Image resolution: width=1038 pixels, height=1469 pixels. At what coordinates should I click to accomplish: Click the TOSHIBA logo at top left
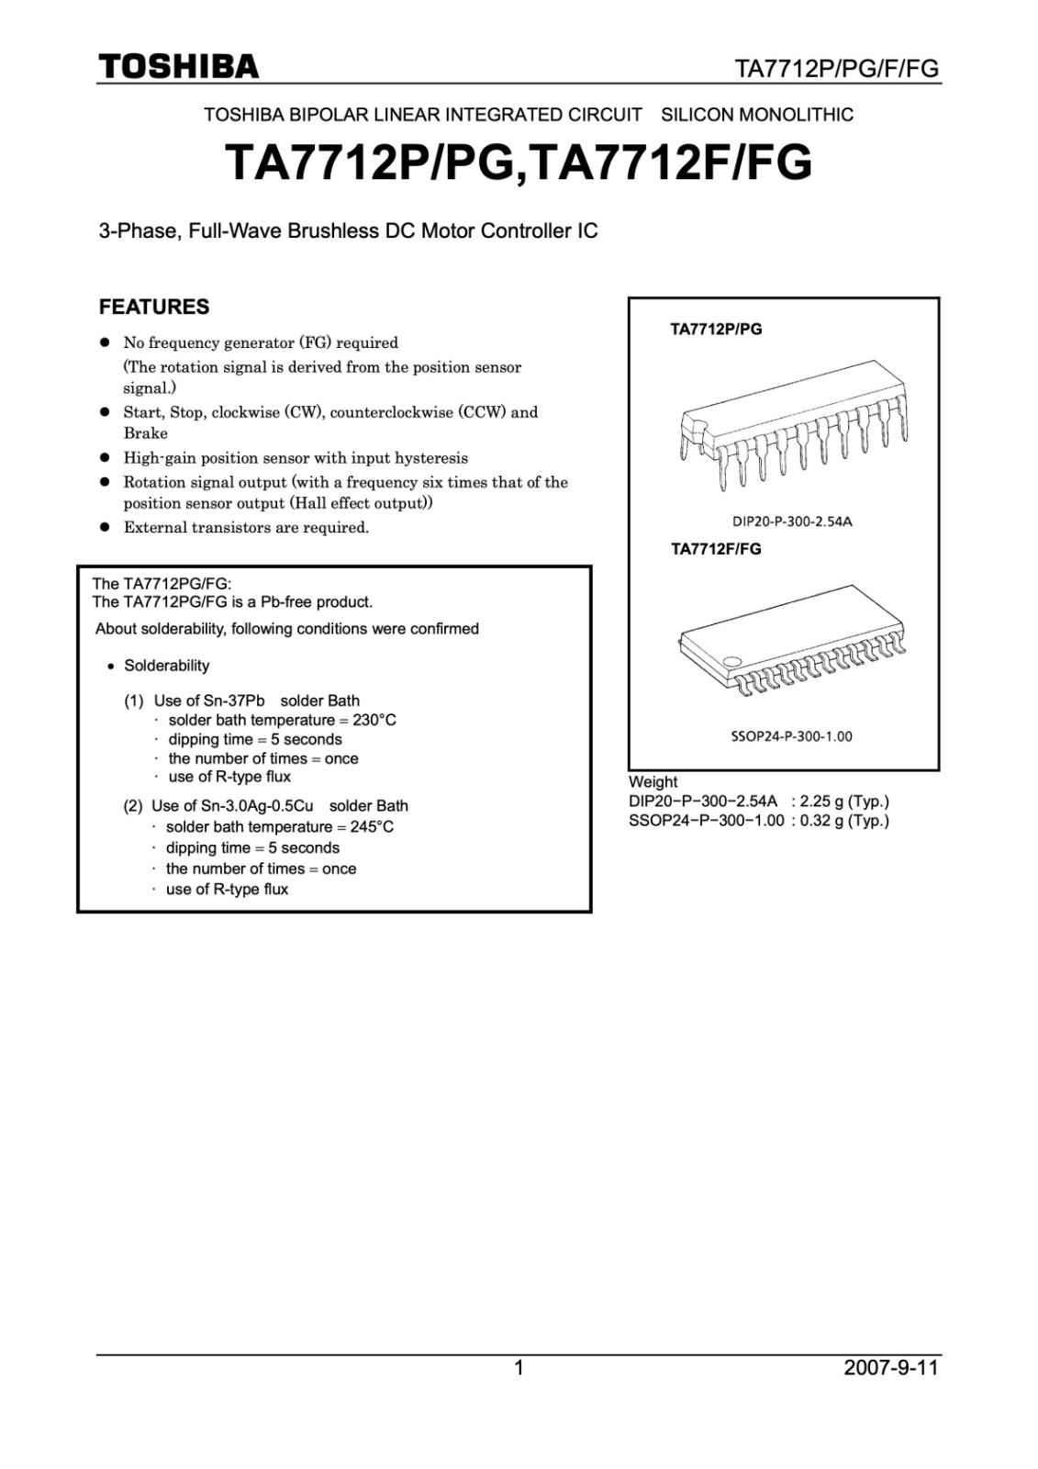pyautogui.click(x=179, y=67)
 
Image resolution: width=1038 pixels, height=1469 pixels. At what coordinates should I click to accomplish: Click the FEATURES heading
pyautogui.click(x=154, y=307)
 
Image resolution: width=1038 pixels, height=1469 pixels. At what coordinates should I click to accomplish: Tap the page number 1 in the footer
pyautogui.click(x=519, y=1368)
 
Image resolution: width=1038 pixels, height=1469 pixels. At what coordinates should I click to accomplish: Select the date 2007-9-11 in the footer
pyautogui.click(x=891, y=1368)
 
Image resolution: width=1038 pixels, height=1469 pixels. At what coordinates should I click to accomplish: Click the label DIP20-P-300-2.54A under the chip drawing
pyautogui.click(x=792, y=521)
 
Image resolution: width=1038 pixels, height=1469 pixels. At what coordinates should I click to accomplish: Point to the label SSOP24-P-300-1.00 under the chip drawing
pyautogui.click(x=791, y=736)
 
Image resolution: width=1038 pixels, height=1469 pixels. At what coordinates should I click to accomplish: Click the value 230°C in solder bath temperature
pyautogui.click(x=374, y=720)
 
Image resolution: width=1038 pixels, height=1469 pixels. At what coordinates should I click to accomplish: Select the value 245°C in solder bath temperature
pyautogui.click(x=372, y=826)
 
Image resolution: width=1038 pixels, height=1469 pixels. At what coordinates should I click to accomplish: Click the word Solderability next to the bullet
pyautogui.click(x=166, y=666)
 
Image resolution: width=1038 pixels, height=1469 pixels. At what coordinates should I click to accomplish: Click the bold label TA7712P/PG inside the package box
pyautogui.click(x=716, y=329)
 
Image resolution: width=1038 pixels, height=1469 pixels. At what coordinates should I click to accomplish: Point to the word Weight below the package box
pyautogui.click(x=653, y=782)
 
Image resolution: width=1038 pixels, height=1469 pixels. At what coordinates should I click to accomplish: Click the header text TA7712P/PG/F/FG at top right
pyautogui.click(x=837, y=70)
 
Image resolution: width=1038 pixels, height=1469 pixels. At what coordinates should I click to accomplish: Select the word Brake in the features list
pyautogui.click(x=146, y=433)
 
